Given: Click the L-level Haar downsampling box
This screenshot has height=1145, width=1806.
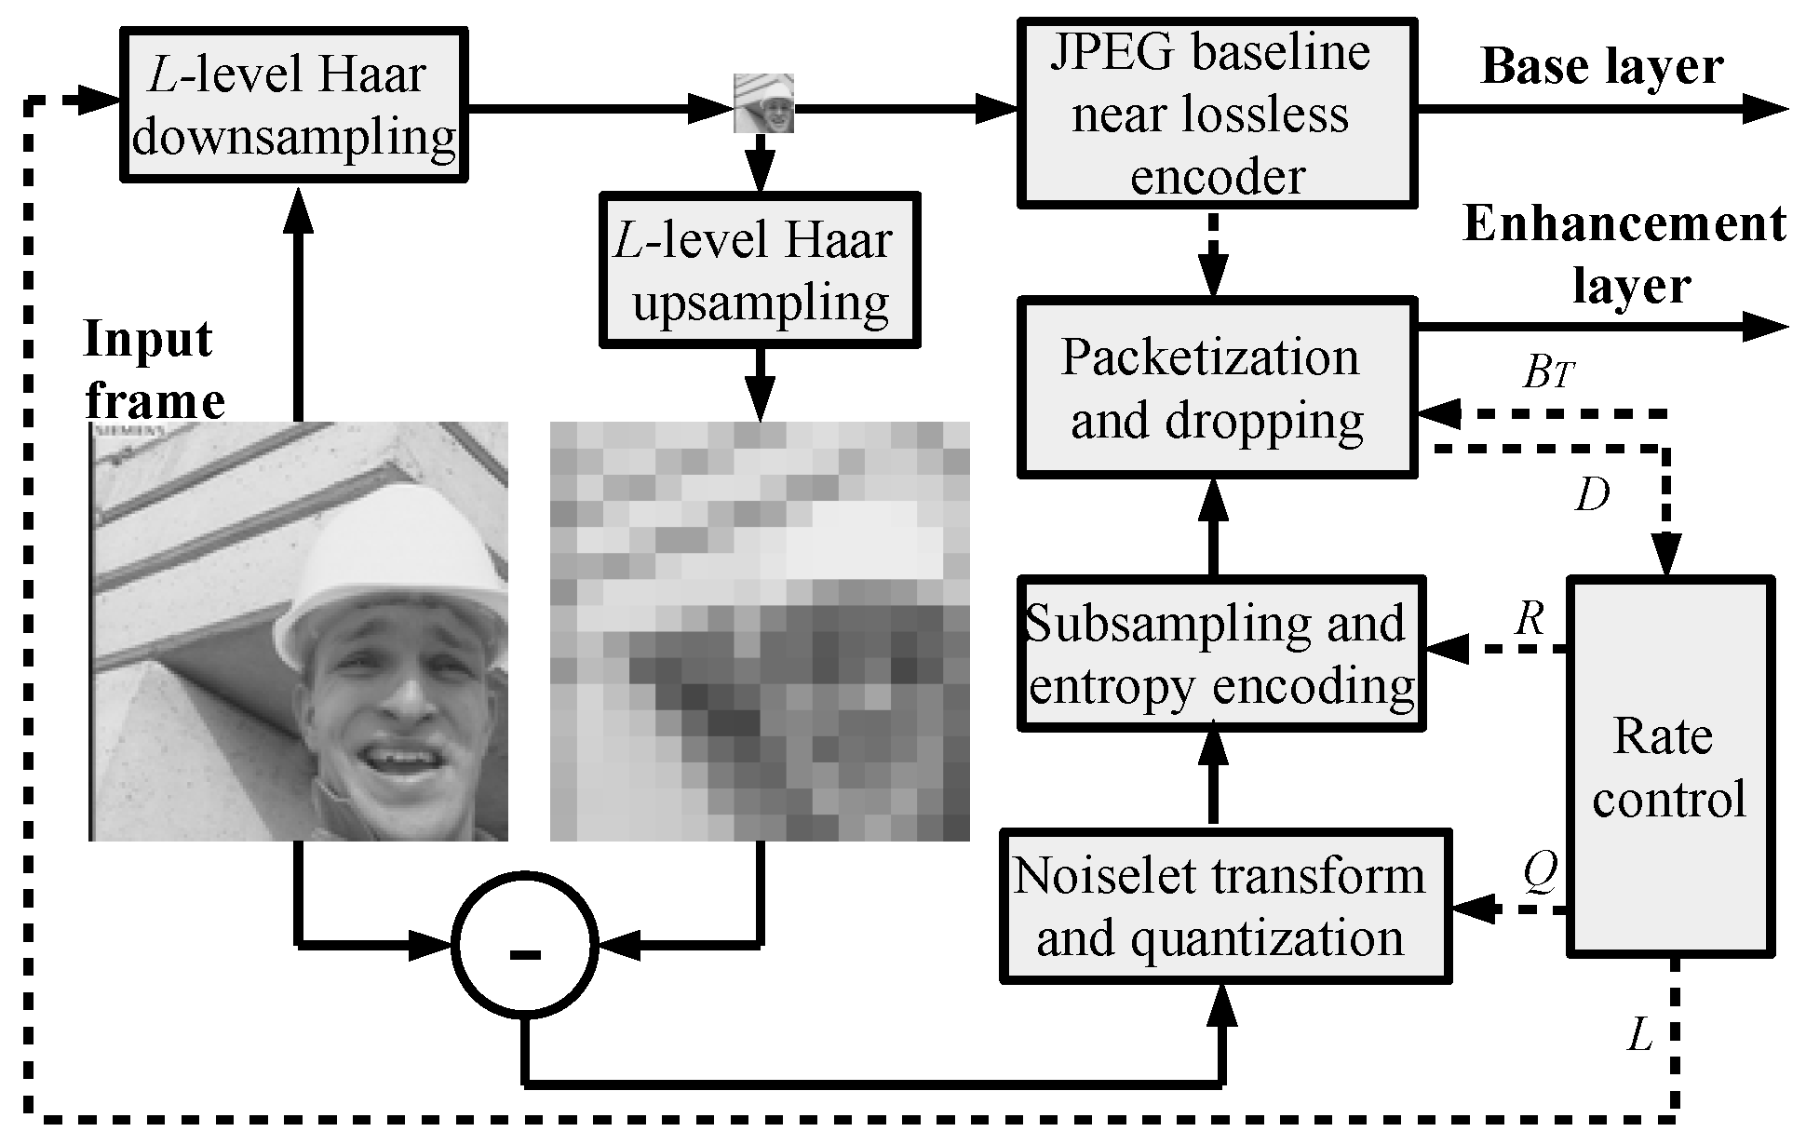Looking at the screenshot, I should [293, 104].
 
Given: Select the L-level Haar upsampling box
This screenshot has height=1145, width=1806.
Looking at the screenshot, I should [760, 270].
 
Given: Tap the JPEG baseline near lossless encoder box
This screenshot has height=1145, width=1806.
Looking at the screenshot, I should [1218, 112].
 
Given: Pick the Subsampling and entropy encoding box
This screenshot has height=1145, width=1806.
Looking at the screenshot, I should [1221, 653].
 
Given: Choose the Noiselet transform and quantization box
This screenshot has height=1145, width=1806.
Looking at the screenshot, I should [1225, 906].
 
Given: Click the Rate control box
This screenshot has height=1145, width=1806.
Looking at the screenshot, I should [1670, 765].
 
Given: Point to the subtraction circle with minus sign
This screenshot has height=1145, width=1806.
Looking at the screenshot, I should [523, 944].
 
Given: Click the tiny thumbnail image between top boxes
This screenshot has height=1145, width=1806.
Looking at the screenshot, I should [763, 103].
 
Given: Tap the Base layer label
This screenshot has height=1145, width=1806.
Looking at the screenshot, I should [1601, 67].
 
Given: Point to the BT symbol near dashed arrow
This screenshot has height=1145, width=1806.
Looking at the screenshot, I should [1547, 374].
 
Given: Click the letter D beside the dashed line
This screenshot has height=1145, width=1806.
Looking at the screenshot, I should [1592, 497].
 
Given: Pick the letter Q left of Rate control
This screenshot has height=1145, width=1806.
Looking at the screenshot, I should [1540, 873].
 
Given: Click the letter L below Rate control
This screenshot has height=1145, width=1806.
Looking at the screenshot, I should [1639, 1034].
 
